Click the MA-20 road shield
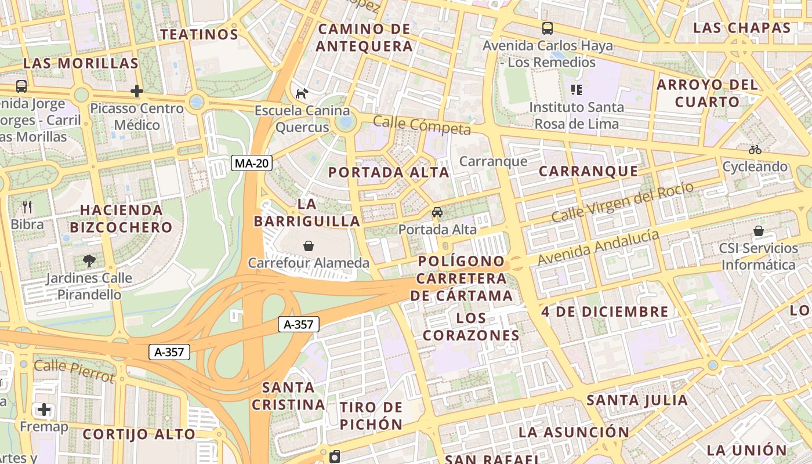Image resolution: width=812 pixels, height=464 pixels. (252, 163)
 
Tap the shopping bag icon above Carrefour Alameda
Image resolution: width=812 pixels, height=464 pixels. (309, 246)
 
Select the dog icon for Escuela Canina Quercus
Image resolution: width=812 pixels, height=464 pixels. (302, 93)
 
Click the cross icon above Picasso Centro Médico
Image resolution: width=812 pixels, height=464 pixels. (137, 91)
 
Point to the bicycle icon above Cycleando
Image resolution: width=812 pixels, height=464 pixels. (755, 150)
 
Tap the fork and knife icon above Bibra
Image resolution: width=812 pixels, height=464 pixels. (27, 207)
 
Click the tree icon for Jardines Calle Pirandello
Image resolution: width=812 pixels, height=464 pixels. (89, 260)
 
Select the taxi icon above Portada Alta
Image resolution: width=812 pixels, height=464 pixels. (437, 212)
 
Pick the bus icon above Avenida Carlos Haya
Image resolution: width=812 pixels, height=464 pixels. (547, 28)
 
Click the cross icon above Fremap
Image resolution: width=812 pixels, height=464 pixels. (44, 409)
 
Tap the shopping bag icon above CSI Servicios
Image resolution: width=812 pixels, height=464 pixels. (758, 231)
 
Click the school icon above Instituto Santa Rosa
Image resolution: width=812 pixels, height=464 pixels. (576, 89)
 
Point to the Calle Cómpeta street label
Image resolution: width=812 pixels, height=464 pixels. (422, 125)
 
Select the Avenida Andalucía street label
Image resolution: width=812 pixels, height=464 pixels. (598, 248)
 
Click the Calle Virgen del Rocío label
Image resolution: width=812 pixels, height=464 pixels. (622, 202)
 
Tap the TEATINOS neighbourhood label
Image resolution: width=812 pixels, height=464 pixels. (200, 34)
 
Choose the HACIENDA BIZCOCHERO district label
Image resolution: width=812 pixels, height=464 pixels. (126, 218)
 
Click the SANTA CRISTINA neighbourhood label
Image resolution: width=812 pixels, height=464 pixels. (288, 396)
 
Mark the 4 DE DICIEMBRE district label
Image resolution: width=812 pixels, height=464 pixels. (605, 311)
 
